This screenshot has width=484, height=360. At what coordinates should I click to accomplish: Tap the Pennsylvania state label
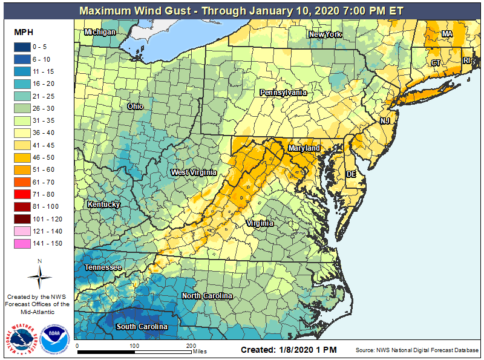(x=283, y=93)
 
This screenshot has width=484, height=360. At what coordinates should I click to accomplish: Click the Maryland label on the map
(x=304, y=148)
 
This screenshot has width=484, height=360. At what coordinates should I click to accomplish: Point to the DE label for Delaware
(x=351, y=174)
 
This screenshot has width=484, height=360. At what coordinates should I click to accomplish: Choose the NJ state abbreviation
(x=385, y=121)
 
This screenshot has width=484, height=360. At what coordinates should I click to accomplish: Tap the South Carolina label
(x=142, y=327)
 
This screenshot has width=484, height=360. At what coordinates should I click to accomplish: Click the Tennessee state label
(x=103, y=267)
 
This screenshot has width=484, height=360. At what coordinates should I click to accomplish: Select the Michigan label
(x=100, y=32)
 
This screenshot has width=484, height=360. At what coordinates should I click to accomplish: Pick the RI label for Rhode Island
(x=466, y=61)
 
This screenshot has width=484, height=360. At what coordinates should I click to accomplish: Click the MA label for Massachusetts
(x=447, y=34)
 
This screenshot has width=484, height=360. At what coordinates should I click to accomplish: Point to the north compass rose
(x=39, y=275)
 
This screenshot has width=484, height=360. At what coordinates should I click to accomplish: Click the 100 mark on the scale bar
(x=134, y=345)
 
